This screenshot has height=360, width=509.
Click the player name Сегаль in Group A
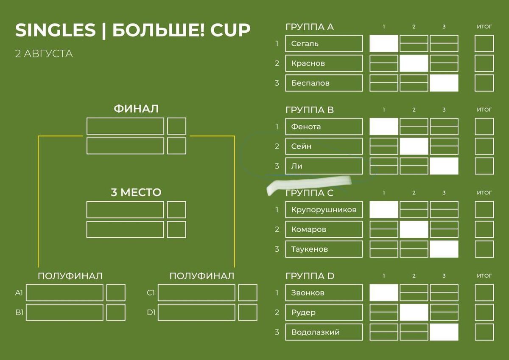tap(305, 44)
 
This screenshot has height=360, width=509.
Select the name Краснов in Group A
tap(308, 63)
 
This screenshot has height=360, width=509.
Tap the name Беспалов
tap(310, 83)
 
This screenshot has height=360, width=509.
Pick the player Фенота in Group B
tap(306, 127)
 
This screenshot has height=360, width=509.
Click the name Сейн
tap(301, 146)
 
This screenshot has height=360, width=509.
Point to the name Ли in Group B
tap(296, 166)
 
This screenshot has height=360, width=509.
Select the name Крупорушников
tap(324, 210)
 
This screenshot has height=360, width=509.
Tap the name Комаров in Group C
tap(308, 230)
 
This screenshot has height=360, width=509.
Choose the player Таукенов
tap(309, 249)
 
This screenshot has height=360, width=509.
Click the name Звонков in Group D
tap(308, 293)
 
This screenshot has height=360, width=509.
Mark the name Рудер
tap(303, 312)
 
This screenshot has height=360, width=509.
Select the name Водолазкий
tap(315, 332)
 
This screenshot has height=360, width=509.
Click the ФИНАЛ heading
tap(136, 109)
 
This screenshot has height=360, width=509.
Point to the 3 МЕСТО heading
tap(136, 193)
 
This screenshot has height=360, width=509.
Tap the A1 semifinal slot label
tap(19, 293)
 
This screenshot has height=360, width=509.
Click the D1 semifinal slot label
tap(151, 313)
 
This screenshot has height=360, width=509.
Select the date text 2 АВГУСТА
tap(44, 54)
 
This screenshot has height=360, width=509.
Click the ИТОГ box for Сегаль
tap(484, 44)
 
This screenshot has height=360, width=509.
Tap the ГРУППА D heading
tap(310, 276)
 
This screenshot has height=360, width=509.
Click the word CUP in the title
tap(232, 30)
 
